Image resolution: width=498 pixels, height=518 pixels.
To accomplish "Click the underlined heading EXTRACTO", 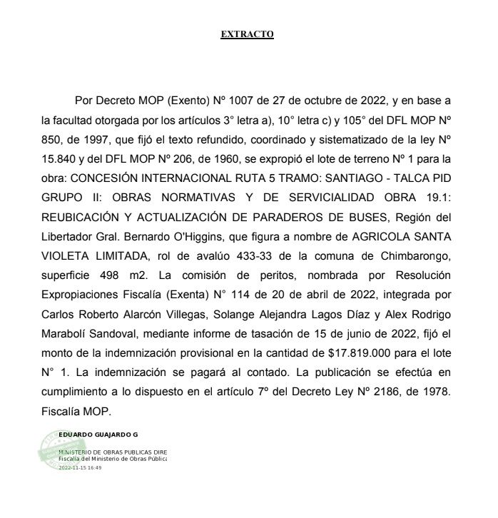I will click(248, 34).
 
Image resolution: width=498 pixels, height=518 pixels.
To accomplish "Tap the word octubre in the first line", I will click(289, 99).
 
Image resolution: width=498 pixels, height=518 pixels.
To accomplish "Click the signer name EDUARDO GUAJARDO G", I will click(98, 434).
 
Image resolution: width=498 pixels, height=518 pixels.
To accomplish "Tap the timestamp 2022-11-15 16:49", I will click(80, 467).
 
